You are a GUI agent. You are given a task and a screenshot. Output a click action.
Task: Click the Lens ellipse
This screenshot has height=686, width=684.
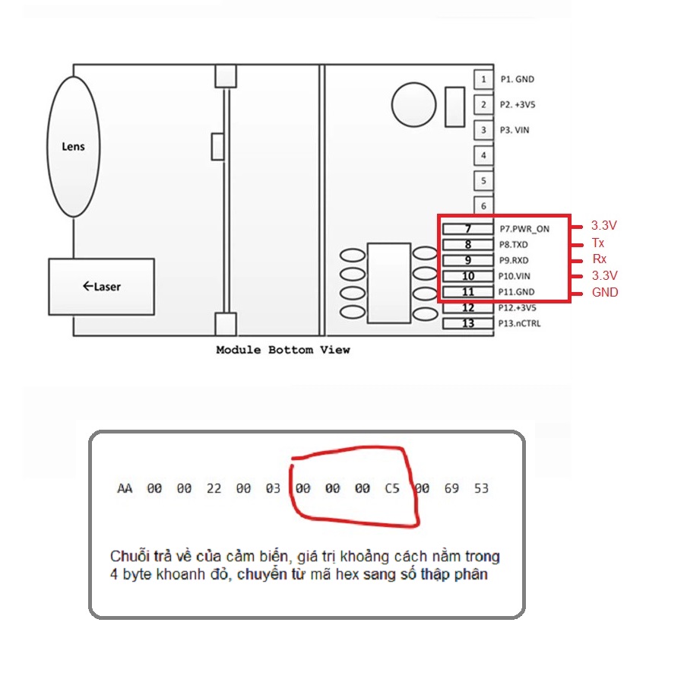pyautogui.click(x=74, y=146)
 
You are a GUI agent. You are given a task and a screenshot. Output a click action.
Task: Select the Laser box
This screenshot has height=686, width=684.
pyautogui.click(x=102, y=287)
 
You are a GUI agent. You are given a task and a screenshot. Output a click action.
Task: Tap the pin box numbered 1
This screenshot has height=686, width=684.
pyautogui.click(x=483, y=78)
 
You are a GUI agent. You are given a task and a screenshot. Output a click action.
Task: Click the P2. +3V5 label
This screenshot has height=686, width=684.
pyautogui.click(x=518, y=104)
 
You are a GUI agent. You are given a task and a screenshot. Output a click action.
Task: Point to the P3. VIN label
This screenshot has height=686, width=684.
pyautogui.click(x=515, y=130)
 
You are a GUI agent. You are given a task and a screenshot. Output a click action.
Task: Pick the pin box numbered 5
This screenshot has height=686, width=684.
pyautogui.click(x=483, y=181)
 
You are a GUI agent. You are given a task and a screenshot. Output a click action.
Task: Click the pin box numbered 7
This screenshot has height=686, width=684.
pyautogui.click(x=467, y=228)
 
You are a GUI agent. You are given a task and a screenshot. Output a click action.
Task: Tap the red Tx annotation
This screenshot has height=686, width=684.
pyautogui.click(x=598, y=243)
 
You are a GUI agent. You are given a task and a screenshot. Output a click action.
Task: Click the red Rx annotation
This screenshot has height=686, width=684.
pyautogui.click(x=599, y=259)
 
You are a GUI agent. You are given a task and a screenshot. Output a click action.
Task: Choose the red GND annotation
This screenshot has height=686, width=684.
pyautogui.click(x=605, y=292)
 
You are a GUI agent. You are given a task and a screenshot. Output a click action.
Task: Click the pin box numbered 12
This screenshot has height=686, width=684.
pyautogui.click(x=467, y=308)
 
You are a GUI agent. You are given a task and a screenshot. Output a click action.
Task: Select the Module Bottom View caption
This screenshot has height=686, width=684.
pyautogui.click(x=283, y=350)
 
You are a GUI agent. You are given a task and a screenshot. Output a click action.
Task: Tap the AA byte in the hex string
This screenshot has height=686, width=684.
pyautogui.click(x=125, y=488)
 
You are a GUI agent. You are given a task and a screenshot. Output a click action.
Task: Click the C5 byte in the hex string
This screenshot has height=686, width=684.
pyautogui.click(x=391, y=488)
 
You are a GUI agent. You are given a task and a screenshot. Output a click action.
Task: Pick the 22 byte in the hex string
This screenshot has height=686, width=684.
pyautogui.click(x=214, y=488)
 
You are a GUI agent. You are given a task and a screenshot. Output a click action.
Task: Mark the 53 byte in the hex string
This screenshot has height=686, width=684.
pyautogui.click(x=481, y=488)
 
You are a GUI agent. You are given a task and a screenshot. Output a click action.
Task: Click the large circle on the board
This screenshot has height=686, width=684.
pyautogui.click(x=415, y=103)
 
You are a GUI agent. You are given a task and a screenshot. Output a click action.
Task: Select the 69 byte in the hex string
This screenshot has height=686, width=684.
pyautogui.click(x=451, y=488)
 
